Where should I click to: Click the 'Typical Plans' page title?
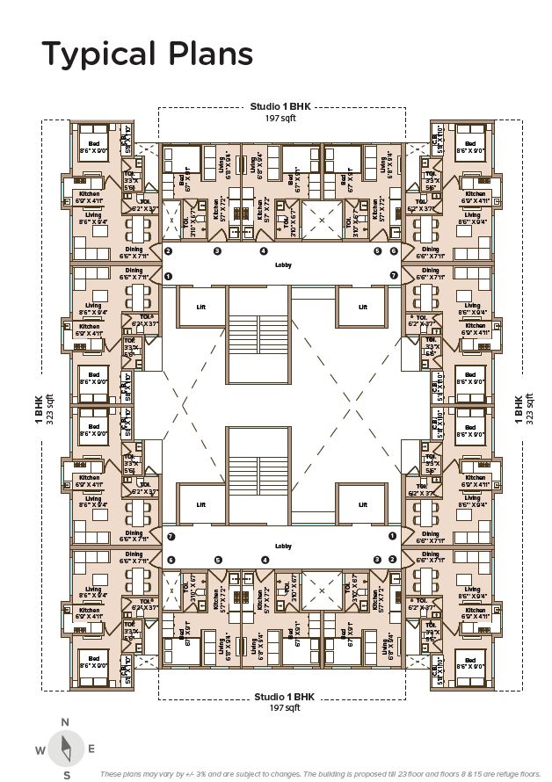[148, 54]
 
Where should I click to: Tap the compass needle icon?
[65, 748]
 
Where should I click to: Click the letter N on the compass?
[65, 722]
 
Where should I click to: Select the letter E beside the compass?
[91, 749]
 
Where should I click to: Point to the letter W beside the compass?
[40, 749]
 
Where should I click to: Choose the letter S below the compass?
[66, 774]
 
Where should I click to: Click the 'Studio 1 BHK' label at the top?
[282, 107]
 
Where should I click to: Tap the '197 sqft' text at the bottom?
[282, 706]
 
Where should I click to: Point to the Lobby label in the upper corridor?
[282, 264]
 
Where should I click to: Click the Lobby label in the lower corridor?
[282, 546]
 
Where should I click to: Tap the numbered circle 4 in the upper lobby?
[263, 251]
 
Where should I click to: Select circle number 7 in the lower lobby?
[171, 537]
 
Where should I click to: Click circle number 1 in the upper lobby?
[168, 276]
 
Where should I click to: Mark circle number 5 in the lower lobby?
[217, 560]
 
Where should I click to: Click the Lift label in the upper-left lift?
[200, 307]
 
